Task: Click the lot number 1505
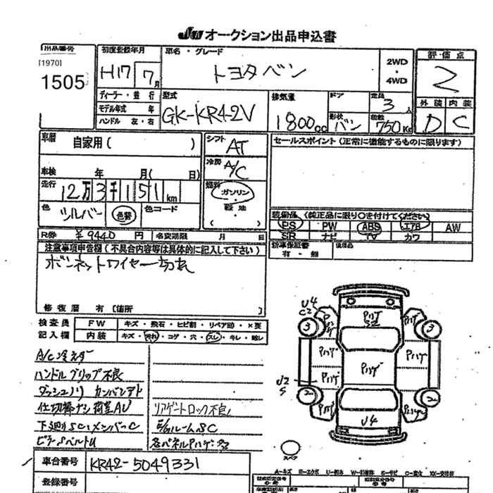tap(62, 82)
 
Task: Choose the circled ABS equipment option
tap(368, 227)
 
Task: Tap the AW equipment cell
tap(453, 227)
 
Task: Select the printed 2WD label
tap(397, 61)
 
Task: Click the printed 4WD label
tap(397, 80)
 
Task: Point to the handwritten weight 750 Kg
tap(392, 123)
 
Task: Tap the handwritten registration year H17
tap(114, 73)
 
